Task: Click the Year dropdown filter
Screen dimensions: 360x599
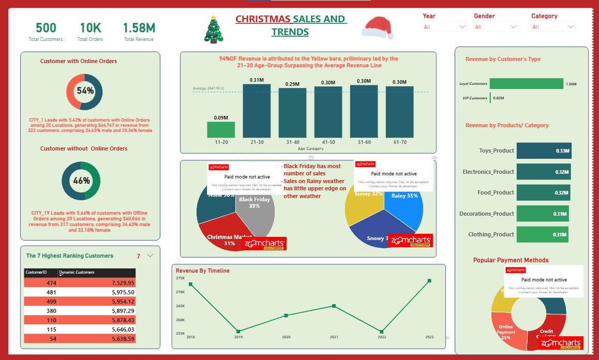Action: click(x=444, y=27)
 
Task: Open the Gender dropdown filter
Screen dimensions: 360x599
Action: click(x=496, y=27)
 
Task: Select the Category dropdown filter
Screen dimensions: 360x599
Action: click(x=553, y=27)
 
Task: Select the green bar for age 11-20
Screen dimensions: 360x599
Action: click(x=221, y=130)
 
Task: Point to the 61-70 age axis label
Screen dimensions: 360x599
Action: click(x=399, y=142)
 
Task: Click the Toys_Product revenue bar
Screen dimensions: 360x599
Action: click(x=544, y=151)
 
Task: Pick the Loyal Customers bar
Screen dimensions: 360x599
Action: click(x=526, y=83)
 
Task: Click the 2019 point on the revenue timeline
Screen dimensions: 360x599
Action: click(x=238, y=331)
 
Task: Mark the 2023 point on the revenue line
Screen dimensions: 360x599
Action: click(x=429, y=281)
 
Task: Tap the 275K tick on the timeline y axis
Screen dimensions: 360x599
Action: click(x=180, y=278)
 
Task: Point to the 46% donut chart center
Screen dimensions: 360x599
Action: click(x=81, y=181)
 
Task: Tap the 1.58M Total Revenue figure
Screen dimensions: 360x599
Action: click(x=139, y=28)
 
